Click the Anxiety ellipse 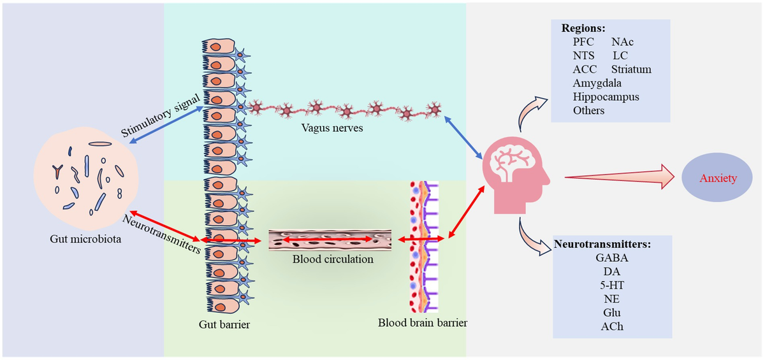coord(718,178)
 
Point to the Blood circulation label coord(333,259)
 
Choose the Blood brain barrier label coord(422,322)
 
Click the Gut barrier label coord(224,324)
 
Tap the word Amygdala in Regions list coord(597,83)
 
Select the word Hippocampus coord(606,97)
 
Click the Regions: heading coord(583,29)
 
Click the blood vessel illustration coord(329,240)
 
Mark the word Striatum coord(631,69)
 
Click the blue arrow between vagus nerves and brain coord(463,140)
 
